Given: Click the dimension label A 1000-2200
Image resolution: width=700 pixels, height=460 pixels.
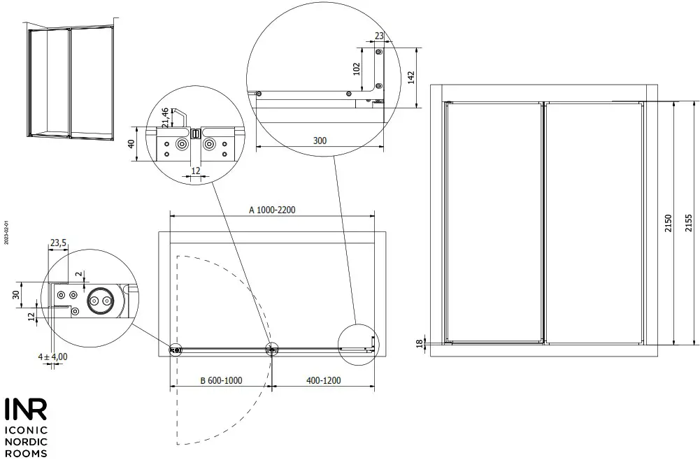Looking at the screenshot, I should coord(273,210).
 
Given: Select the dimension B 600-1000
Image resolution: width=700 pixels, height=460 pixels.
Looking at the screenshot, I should coord(221,380).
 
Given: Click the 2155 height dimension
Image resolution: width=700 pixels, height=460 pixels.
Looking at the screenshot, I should coord(689,222).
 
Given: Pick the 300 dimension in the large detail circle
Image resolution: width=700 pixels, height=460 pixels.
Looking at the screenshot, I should coord(320,141).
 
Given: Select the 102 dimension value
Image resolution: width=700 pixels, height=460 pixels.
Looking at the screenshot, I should coord(356,69).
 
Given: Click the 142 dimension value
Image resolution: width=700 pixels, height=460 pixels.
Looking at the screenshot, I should coord(412,77).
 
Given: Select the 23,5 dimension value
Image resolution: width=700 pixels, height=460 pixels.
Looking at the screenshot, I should coord(58,243).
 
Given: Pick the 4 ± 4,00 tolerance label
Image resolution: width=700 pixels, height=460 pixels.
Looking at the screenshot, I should coord(52,357).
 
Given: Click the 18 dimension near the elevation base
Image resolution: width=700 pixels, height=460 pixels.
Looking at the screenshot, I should coord(419,343).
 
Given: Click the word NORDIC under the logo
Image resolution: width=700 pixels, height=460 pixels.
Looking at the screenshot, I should coord(27,442).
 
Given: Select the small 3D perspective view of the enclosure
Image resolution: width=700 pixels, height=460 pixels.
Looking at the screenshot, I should coord(70,82).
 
